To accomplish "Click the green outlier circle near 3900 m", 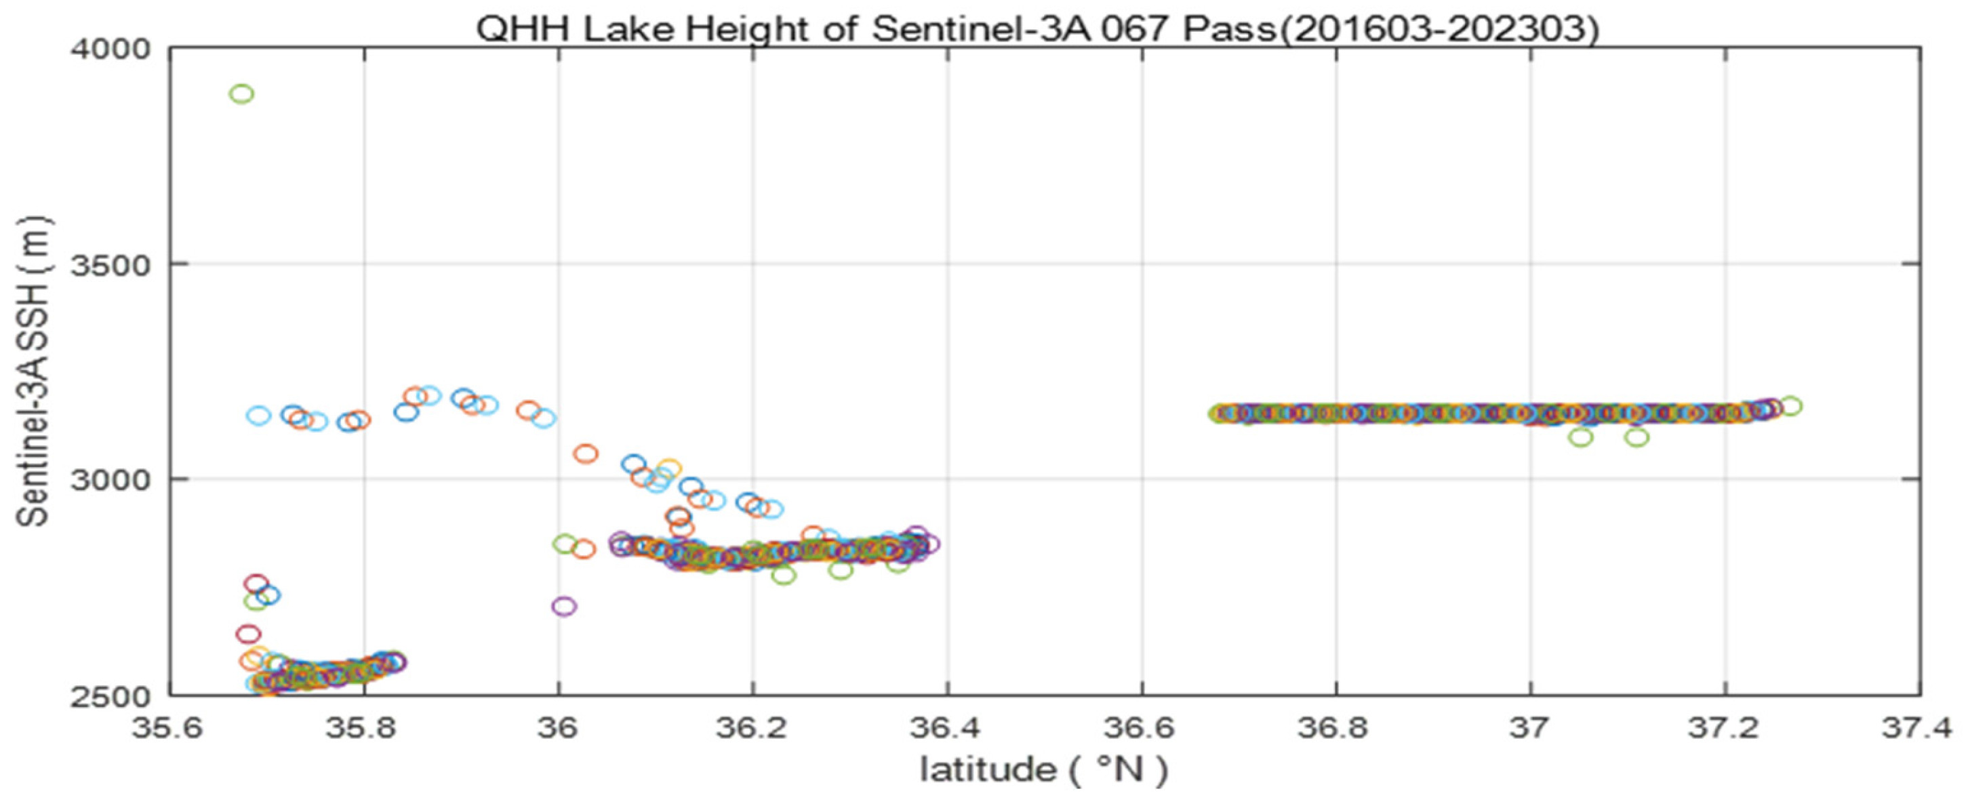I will point(241,94).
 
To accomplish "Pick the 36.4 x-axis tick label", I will point(946,727).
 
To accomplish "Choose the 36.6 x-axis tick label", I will point(1142,727).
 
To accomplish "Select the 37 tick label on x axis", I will point(1530,727).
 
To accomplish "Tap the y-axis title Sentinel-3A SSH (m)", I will point(34,371).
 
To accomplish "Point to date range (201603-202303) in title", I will point(1438,29).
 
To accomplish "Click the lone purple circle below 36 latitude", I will point(564,607).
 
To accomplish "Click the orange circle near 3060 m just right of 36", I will point(585,454).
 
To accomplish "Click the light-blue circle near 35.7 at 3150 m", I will point(258,416).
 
